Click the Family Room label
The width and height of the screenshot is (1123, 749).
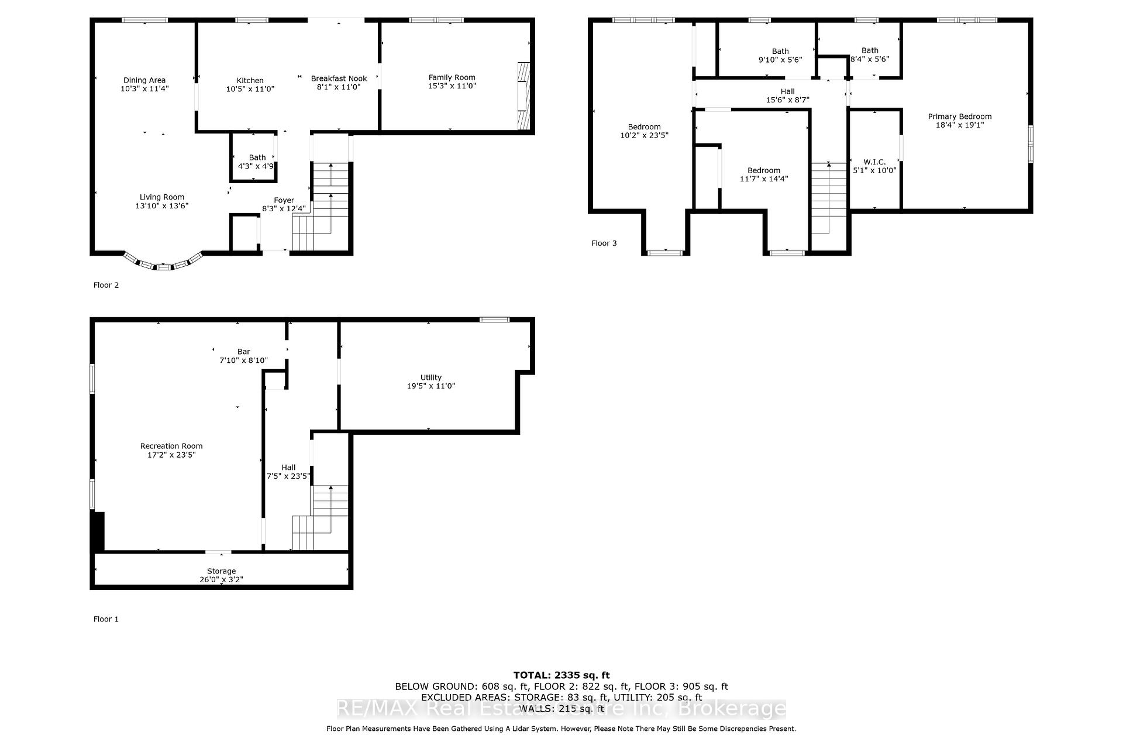(452, 77)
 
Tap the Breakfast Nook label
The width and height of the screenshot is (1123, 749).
(339, 78)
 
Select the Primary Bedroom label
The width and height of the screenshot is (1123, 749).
(960, 116)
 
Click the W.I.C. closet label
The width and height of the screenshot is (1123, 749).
(874, 162)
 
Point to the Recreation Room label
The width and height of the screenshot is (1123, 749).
(171, 446)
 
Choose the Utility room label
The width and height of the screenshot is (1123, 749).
(431, 377)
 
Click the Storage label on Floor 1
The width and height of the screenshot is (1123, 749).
(221, 571)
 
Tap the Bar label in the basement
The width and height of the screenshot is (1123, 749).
(244, 352)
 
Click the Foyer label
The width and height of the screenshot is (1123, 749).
(284, 200)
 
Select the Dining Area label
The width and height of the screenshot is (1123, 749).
(144, 80)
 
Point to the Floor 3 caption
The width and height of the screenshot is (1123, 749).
(604, 243)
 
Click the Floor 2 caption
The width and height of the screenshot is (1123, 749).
(106, 285)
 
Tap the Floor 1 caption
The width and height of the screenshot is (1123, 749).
(106, 619)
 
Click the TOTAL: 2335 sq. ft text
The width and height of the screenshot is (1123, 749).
(561, 675)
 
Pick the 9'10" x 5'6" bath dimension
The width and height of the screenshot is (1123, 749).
(780, 60)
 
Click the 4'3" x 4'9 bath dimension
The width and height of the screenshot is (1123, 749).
(256, 166)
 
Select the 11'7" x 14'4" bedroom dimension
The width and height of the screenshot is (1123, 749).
(764, 179)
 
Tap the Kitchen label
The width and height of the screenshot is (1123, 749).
(250, 81)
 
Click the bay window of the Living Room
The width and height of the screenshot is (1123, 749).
(164, 264)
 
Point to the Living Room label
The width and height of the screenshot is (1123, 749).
(162, 197)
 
